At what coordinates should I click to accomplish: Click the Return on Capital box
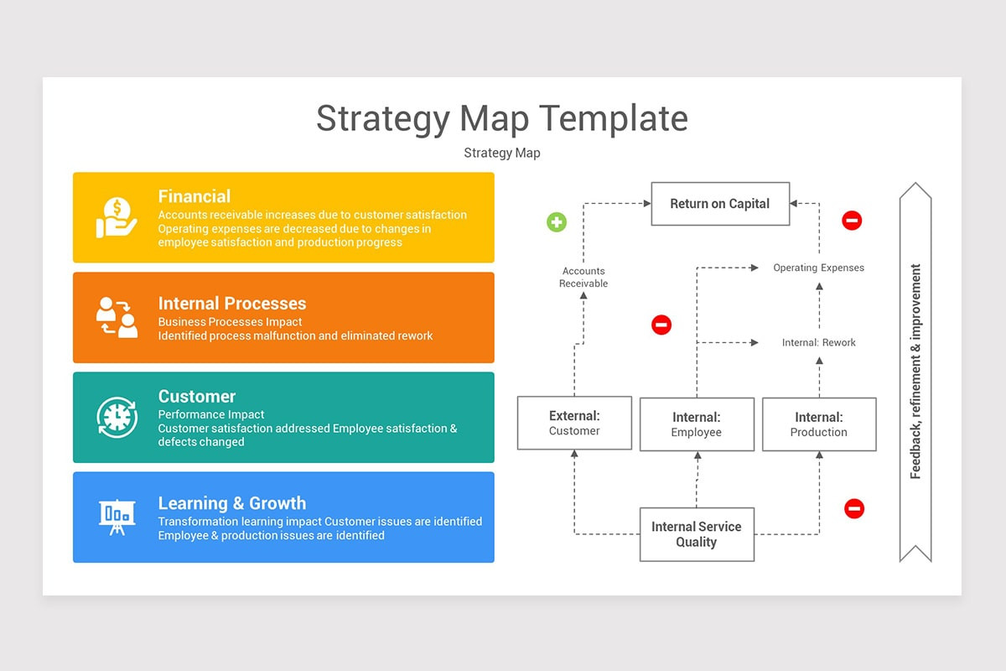pos(720,204)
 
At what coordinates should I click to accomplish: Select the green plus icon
pos(557,222)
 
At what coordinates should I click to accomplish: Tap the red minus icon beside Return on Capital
pos(852,221)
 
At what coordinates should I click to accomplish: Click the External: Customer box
pos(574,424)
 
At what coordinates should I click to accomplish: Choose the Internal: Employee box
pos(697,424)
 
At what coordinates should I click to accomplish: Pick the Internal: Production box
pos(819,424)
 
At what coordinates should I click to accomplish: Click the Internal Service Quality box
pos(697,534)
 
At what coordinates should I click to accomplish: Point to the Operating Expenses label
pos(818,268)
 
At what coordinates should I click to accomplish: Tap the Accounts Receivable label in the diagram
pos(583,278)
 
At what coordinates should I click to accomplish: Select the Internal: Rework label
pos(818,343)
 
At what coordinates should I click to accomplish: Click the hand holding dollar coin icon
pos(117,217)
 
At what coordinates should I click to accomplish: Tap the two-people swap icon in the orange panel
pos(117,317)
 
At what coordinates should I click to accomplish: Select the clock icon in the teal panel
pos(117,417)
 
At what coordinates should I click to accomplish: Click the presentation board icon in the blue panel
pos(117,517)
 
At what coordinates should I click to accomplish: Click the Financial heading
pos(194,196)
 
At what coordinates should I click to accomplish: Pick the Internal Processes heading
pos(232,304)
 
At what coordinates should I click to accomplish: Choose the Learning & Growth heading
pos(232,503)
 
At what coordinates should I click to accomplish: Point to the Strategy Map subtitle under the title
pos(502,153)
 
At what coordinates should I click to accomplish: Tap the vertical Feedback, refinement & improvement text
pos(915,372)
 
